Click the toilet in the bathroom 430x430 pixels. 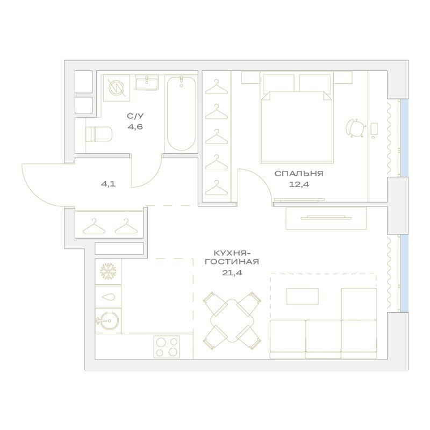coord(99,134)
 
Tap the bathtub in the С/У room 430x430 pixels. coord(181,114)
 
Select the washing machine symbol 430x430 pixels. coord(117,88)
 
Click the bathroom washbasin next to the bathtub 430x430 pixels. coord(147,83)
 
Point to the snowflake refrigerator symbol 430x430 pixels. coord(108,271)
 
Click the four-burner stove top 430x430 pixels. coord(167,347)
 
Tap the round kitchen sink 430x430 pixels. coord(107,320)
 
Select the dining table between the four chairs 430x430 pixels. coord(232,320)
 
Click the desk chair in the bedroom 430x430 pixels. coord(356,128)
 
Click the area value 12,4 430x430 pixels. coord(299,184)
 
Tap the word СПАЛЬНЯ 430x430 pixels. coord(299,174)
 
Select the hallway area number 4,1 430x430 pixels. coord(109,184)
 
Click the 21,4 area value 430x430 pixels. coord(232,273)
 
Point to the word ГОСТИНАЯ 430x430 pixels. coord(232,262)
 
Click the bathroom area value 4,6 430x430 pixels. coord(135,127)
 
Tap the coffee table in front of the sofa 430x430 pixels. coord(303,296)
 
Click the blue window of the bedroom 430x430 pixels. coord(404,138)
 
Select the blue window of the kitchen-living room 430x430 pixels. coord(404,274)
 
